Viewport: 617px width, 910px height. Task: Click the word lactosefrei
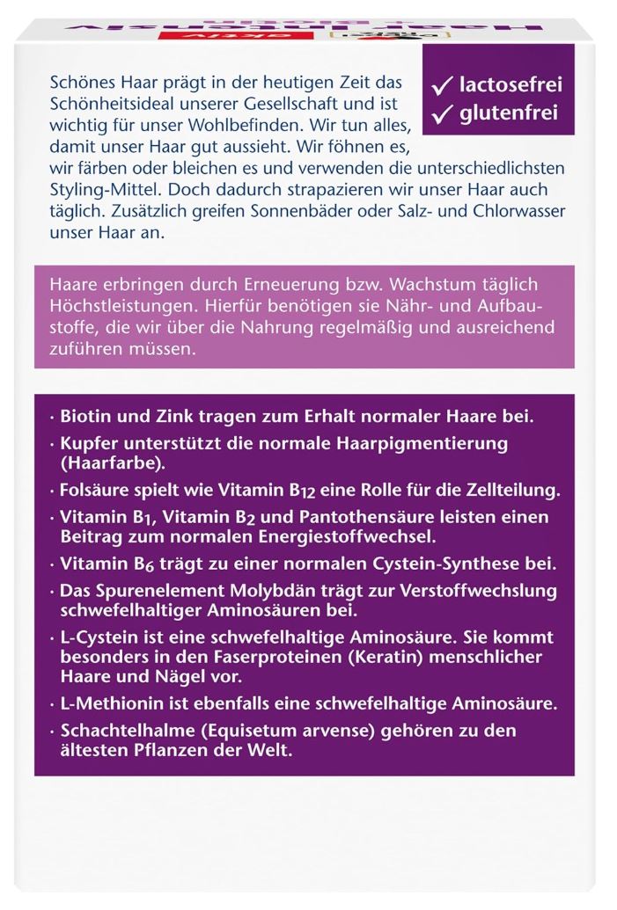tap(510, 85)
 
